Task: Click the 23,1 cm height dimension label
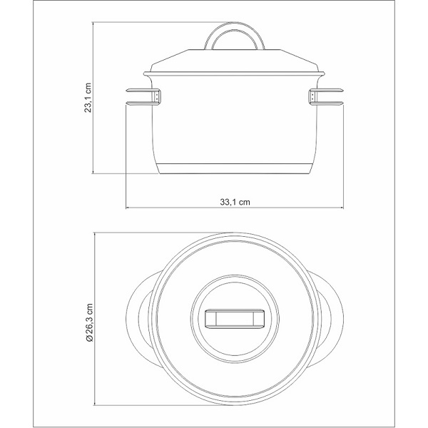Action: point(88,98)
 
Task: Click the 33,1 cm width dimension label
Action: point(235,203)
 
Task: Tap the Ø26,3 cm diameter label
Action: point(89,322)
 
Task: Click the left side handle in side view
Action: point(143,96)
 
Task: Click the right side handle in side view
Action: point(326,96)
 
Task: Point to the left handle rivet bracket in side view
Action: point(158,96)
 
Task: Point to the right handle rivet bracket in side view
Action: point(312,96)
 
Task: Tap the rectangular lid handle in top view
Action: point(235,319)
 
